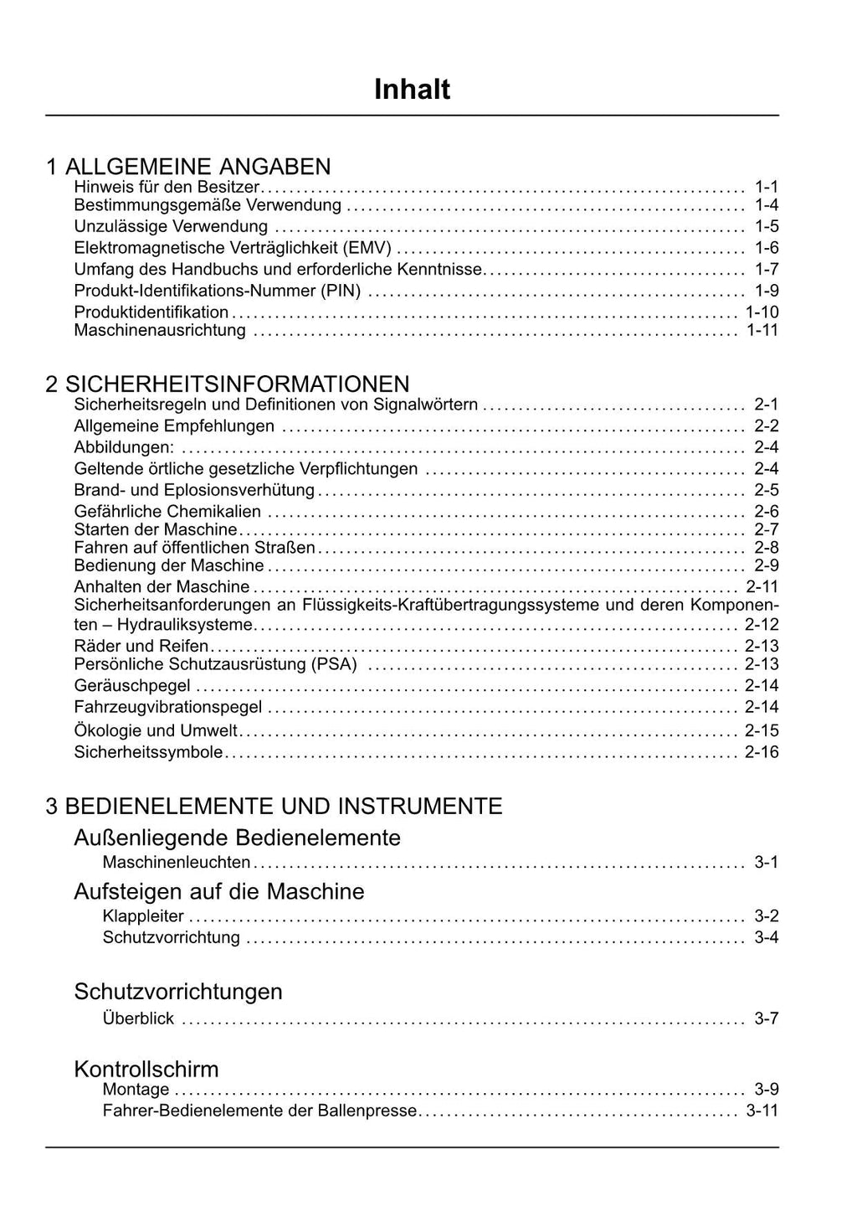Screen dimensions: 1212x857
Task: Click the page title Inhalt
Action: coord(412,90)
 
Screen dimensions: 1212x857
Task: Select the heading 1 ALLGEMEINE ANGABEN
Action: coord(188,167)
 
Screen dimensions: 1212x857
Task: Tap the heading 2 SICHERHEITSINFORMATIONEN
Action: coord(228,384)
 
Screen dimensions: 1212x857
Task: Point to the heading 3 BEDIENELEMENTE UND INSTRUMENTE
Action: coord(274,807)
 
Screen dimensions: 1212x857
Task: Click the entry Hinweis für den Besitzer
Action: coord(167,187)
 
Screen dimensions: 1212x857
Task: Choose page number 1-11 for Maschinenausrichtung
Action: coord(762,330)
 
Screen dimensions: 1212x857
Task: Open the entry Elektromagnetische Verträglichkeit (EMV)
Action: coord(233,248)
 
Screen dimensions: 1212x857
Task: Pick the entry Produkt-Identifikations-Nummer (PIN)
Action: coord(218,291)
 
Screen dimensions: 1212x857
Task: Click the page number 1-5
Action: coord(766,226)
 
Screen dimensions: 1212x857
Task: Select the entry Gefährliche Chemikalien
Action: coord(167,511)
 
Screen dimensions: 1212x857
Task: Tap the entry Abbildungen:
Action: coord(124,447)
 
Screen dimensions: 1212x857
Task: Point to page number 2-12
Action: coord(762,625)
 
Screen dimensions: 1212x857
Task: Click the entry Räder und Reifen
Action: coord(141,646)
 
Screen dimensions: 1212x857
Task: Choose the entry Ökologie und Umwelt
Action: coord(156,730)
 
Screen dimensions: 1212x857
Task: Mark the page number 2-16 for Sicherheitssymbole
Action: coord(762,752)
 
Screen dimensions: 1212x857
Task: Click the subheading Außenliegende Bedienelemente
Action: coord(237,838)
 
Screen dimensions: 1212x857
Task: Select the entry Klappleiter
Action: coord(143,916)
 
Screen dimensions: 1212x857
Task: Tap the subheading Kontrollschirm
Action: coord(146,1069)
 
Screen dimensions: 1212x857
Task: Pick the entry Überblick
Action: coord(138,1019)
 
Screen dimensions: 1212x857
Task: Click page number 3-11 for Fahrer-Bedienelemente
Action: coord(762,1111)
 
